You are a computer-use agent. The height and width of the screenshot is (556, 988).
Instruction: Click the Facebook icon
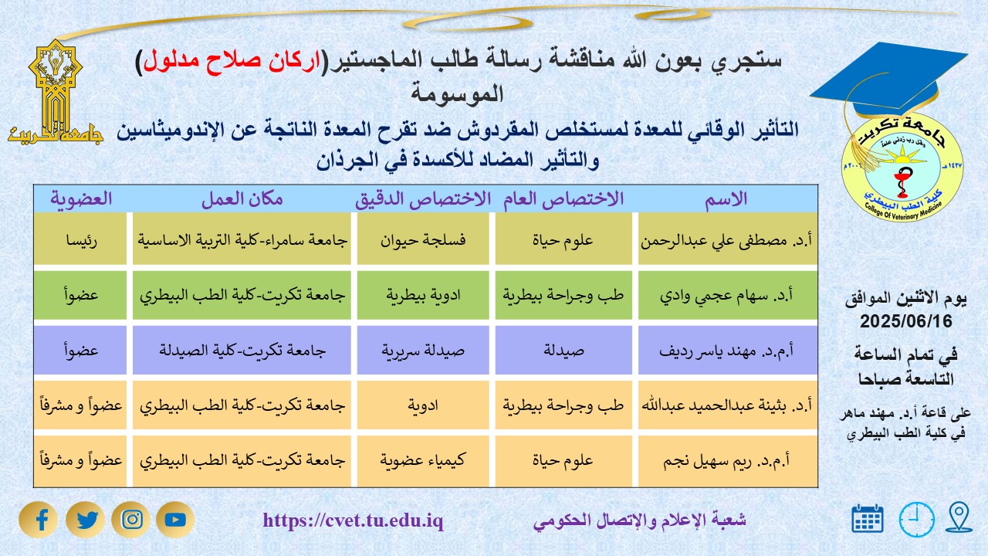[42, 520]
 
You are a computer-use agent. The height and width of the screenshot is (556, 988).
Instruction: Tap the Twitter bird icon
[86, 520]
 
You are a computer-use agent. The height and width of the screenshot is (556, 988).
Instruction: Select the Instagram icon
[131, 520]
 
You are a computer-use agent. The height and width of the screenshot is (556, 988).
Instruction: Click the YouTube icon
[175, 520]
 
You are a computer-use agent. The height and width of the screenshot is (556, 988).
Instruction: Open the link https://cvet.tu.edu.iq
[353, 521]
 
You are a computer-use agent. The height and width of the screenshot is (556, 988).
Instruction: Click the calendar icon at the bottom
[868, 519]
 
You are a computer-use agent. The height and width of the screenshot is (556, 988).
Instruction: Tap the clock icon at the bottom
[916, 519]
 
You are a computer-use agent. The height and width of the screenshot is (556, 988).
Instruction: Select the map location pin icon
[959, 517]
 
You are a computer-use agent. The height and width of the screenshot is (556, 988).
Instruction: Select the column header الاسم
[727, 199]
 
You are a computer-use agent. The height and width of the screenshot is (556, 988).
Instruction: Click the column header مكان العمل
[242, 199]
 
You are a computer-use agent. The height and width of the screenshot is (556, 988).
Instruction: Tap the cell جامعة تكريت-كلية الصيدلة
[241, 350]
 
